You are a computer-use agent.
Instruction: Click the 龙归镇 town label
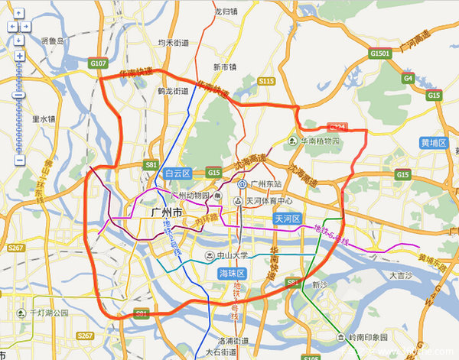coord(227,12)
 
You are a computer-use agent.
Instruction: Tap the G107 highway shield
coord(97,63)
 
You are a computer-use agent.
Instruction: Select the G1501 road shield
coord(380,54)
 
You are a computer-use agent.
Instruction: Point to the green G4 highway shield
coord(409,78)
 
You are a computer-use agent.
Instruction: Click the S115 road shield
coord(266,81)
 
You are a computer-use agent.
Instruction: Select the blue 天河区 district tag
coord(289,219)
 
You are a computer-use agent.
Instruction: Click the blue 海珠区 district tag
coord(231,273)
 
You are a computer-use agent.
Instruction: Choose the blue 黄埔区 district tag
coord(433,143)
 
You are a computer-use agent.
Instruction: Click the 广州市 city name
coord(167,212)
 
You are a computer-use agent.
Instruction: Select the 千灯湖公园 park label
coord(48,313)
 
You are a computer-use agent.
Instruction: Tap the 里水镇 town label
coord(44,120)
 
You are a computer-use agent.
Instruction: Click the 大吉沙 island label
coord(401,274)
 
